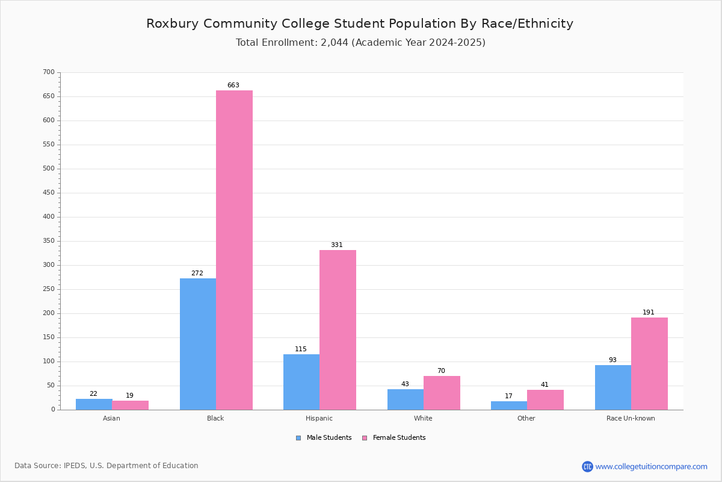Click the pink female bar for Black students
(x=234, y=250)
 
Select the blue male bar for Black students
(x=198, y=344)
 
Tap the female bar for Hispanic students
(x=338, y=330)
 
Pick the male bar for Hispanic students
(x=301, y=382)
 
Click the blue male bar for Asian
(x=94, y=404)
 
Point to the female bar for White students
(x=442, y=393)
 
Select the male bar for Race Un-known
(x=613, y=387)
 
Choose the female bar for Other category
(x=545, y=399)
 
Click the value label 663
(x=233, y=86)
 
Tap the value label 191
(x=648, y=313)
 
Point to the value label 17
(x=508, y=396)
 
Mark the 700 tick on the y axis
(x=49, y=72)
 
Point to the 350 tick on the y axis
(x=49, y=241)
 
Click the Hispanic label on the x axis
(x=319, y=418)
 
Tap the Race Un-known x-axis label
(x=631, y=418)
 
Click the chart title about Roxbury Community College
(x=360, y=24)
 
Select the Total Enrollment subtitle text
(x=360, y=43)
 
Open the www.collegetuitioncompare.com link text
(x=651, y=466)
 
